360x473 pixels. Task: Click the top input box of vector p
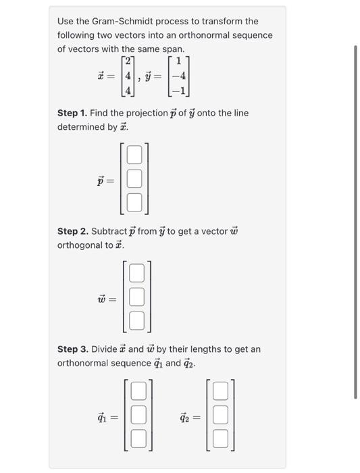click(x=135, y=156)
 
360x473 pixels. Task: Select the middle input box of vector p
click(x=135, y=179)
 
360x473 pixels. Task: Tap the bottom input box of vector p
click(x=135, y=201)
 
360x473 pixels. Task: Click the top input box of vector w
click(x=136, y=274)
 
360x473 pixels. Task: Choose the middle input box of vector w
click(x=136, y=297)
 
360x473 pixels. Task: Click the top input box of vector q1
click(x=138, y=391)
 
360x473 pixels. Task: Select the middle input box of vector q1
click(x=138, y=414)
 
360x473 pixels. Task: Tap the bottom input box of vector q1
click(x=138, y=437)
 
